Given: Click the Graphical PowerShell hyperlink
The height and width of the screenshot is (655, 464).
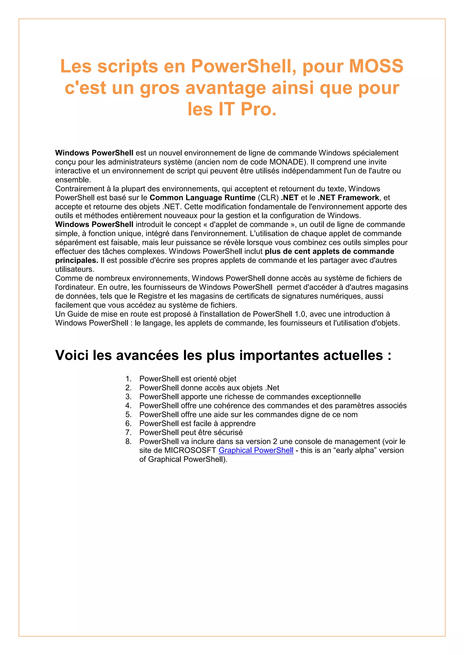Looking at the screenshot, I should tap(256, 451).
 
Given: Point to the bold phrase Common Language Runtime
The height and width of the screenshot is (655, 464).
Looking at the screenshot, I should tap(202, 198).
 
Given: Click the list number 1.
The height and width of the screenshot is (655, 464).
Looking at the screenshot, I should tap(128, 379).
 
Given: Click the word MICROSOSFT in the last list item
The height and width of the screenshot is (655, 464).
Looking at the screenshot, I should tap(190, 451).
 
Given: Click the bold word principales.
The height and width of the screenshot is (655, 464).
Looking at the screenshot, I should tap(77, 261).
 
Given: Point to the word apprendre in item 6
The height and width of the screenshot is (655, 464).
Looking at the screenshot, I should tap(238, 424).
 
